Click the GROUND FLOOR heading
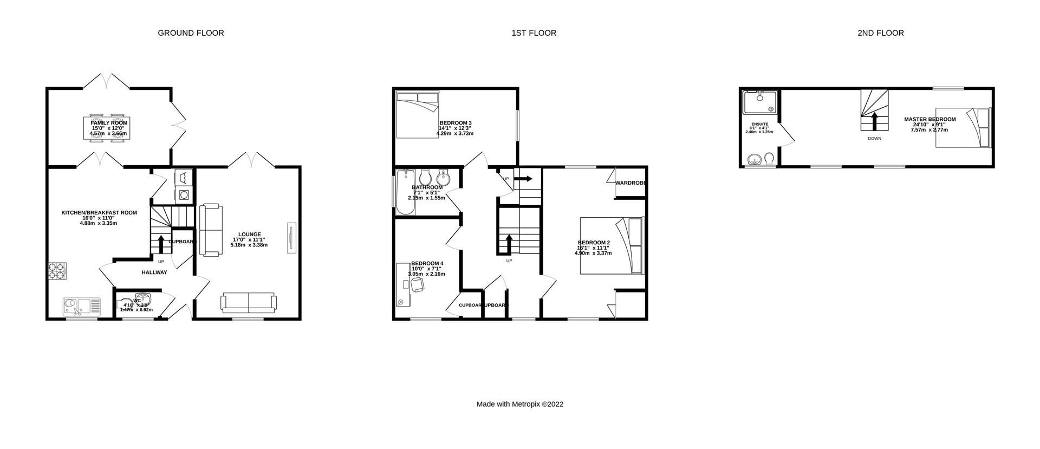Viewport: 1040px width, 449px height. click(x=191, y=33)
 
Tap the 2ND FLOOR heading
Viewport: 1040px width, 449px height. click(x=880, y=33)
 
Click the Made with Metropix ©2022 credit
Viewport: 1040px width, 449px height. click(x=519, y=404)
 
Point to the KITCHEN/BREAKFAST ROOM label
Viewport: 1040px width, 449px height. click(x=99, y=213)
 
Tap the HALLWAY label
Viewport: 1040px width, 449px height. click(x=154, y=272)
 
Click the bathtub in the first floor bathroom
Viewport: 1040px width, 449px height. click(x=405, y=192)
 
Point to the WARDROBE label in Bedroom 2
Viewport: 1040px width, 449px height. click(x=630, y=183)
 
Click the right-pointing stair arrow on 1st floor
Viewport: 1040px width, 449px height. click(x=523, y=179)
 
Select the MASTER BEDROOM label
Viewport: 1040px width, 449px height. click(x=929, y=119)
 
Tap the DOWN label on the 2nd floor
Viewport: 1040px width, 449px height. click(x=874, y=139)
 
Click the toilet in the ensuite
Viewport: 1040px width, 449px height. click(x=769, y=158)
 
